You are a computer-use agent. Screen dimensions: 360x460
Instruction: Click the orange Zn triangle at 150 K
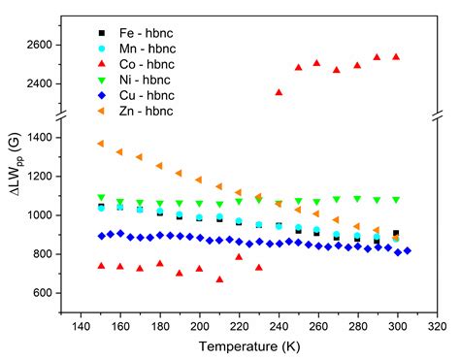click(101, 144)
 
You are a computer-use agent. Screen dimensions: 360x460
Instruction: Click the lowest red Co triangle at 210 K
click(219, 279)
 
